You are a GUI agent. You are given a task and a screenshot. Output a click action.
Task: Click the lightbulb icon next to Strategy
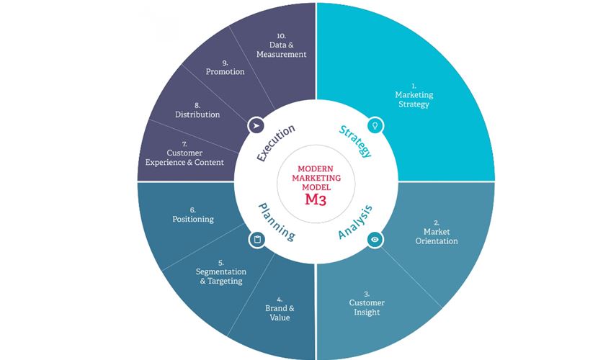click(x=374, y=125)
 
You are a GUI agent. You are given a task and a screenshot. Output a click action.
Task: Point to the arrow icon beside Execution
click(x=255, y=125)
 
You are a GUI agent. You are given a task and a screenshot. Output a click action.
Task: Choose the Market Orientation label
click(x=436, y=236)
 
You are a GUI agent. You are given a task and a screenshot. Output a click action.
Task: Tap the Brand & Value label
click(x=278, y=312)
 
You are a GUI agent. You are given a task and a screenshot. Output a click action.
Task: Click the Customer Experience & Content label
click(x=184, y=158)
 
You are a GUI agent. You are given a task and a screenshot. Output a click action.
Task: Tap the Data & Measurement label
click(x=282, y=49)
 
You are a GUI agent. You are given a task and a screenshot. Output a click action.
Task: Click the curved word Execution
click(x=277, y=143)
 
